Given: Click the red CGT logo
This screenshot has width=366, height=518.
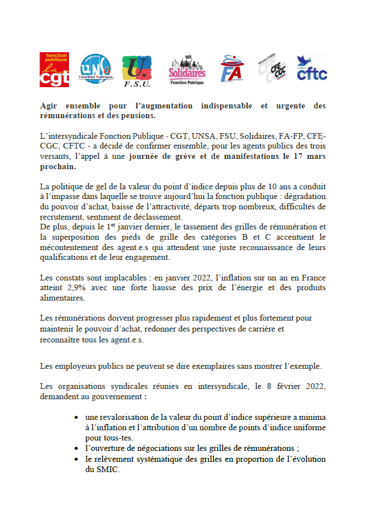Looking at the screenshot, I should coord(55,69).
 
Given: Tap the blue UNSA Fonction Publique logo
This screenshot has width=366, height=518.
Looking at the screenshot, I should coord(96,68).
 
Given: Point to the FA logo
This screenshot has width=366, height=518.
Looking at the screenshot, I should coord(232,69).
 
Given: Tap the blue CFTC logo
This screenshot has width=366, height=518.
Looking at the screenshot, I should coord(312,68).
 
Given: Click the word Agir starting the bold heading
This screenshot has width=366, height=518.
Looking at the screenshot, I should coord(49,107).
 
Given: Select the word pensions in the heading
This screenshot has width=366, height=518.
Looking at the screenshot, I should coord(138,116).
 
